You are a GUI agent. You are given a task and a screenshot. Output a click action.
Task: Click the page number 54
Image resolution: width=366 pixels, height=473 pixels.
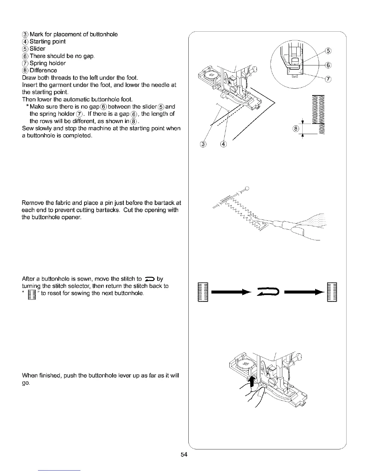184,455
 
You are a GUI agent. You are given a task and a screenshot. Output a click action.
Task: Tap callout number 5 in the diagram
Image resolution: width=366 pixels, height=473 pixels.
328,50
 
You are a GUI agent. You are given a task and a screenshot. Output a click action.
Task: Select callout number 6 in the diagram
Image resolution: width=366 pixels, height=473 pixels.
328,65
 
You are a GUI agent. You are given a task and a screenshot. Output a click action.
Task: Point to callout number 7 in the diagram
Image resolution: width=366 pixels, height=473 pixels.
328,79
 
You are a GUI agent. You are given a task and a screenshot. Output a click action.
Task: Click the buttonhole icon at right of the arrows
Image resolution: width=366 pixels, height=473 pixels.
332,292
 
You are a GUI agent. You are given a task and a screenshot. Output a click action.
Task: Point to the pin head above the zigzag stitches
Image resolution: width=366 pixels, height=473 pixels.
247,188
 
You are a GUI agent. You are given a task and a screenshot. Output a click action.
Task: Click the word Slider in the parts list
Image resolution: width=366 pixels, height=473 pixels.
37,49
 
